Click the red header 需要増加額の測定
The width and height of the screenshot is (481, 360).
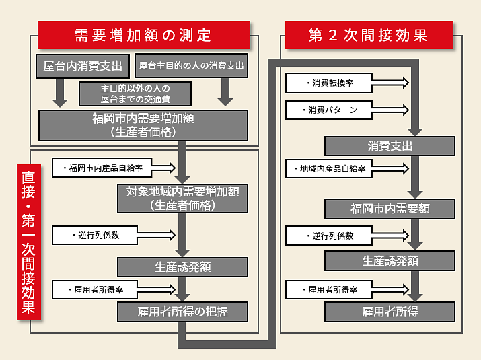click(143, 35)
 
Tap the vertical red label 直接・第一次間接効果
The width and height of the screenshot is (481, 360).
click(28, 242)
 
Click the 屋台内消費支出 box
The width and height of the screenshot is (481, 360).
click(83, 67)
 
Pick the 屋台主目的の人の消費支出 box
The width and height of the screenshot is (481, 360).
click(192, 67)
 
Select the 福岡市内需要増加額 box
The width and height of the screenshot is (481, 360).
click(144, 125)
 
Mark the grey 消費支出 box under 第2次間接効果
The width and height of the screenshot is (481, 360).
click(390, 146)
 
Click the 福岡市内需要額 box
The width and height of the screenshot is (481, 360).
click(390, 209)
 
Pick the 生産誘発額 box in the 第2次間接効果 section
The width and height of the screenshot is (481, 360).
click(390, 260)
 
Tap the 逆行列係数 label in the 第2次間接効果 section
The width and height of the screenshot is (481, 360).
click(332, 236)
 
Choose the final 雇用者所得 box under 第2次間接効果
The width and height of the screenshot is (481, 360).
click(390, 312)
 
